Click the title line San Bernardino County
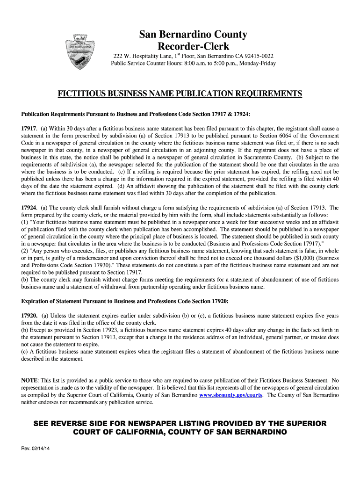tap(193, 34)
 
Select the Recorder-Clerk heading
tap(193, 46)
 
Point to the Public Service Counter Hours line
tap(193, 63)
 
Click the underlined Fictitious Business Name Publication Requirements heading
tap(180, 94)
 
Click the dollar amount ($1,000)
tap(288, 258)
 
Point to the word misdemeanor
tap(94, 258)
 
